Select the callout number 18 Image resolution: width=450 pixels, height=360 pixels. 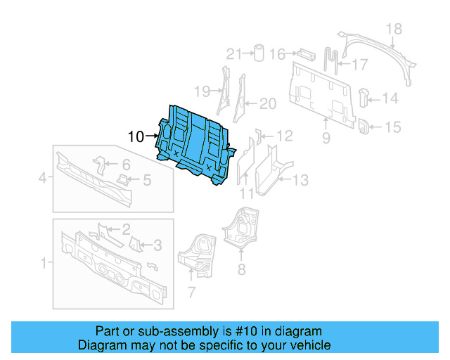(394, 29)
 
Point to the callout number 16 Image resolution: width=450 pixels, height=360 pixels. (277, 54)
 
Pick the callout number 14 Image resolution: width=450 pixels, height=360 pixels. (390, 98)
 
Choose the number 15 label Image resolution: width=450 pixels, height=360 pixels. (392, 127)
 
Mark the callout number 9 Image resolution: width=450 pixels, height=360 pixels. (326, 139)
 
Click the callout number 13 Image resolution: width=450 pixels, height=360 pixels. (300, 181)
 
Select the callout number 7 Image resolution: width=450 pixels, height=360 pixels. (191, 291)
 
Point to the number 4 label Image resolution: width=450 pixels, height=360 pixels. (42, 179)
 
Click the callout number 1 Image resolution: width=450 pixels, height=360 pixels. (44, 264)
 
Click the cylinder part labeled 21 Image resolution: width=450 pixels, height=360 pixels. (257, 53)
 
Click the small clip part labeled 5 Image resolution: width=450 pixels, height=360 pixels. (122, 180)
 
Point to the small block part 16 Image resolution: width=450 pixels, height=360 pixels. (306, 53)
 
